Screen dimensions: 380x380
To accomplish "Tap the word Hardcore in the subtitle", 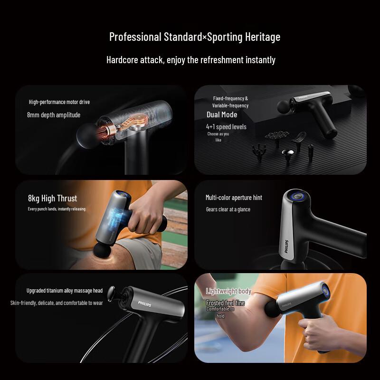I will [122, 60].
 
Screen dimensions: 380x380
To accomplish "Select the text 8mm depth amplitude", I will [54, 115].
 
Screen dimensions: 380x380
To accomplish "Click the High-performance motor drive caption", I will [59, 102].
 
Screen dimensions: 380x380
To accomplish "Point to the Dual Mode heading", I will [222, 114].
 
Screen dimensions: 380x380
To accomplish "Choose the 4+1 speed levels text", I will [226, 127].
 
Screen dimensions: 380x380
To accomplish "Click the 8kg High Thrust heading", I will [52, 199].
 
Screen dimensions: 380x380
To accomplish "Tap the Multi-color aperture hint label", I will [234, 198].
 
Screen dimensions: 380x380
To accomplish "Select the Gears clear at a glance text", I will [228, 209].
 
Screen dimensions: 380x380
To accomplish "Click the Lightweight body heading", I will [228, 291].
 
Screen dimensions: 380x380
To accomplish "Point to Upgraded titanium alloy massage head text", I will [65, 291].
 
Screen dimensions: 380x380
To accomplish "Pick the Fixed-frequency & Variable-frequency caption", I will [230, 102].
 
